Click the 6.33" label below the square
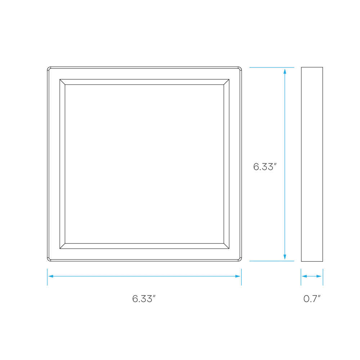(144, 299)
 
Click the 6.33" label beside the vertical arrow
(265, 167)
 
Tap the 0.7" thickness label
(312, 299)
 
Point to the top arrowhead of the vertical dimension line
(285, 71)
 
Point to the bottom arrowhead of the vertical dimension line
(285, 257)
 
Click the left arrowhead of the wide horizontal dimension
(50, 276)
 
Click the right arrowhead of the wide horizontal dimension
(238, 276)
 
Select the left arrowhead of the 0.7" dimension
(304, 276)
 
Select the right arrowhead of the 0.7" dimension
(319, 276)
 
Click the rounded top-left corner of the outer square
(49, 68)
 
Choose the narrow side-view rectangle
(312, 164)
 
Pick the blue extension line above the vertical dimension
(272, 68)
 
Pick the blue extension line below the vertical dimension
(272, 261)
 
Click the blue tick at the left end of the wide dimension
(47, 277)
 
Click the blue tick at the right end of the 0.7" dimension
(323, 277)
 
